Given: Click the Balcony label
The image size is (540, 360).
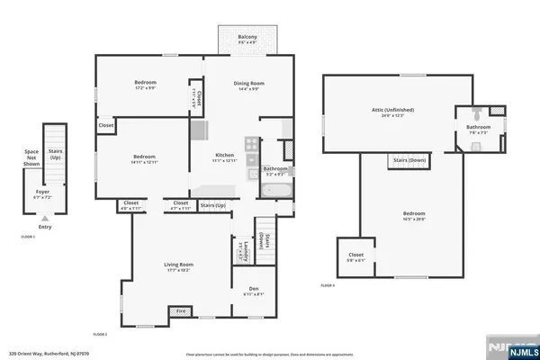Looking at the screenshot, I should point(247,37).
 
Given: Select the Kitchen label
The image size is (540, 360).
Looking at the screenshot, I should point(224,154).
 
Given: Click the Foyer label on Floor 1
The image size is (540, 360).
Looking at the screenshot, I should point(42,191).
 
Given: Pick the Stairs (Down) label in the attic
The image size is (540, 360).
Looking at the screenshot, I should point(409,159).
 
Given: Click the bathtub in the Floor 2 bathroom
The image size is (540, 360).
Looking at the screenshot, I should point(275,190).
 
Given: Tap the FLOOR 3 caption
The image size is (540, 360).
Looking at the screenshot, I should point(328,285).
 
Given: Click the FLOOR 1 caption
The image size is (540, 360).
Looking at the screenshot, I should point(27,236).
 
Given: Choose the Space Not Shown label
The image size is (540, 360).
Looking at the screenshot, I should point(31,157).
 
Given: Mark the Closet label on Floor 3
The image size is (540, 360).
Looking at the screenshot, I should point(355,255).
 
